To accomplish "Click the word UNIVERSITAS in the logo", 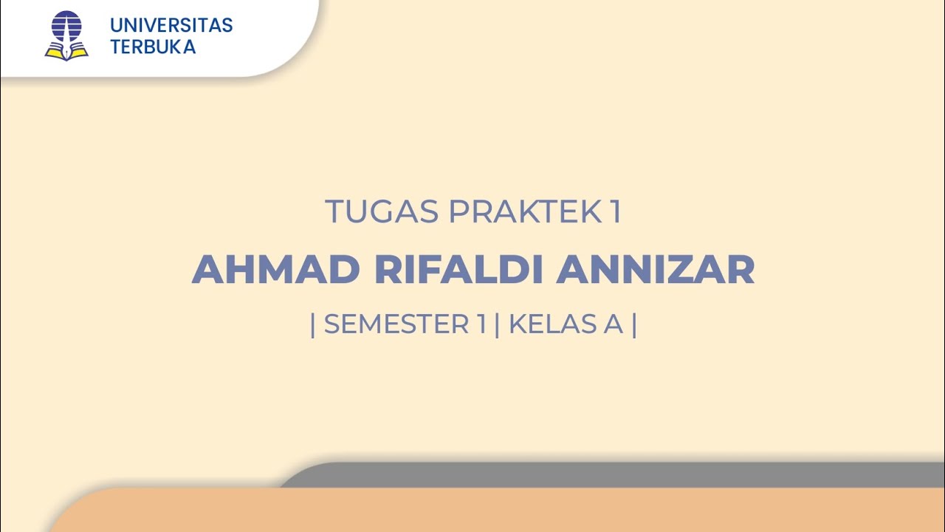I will click(171, 25).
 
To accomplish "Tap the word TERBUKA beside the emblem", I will click(153, 47).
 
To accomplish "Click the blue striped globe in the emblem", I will click(66, 27).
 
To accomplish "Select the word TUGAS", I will click(382, 212).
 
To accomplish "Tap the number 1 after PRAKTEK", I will click(615, 212).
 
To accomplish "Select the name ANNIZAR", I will click(656, 270).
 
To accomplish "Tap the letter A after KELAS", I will click(614, 324).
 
